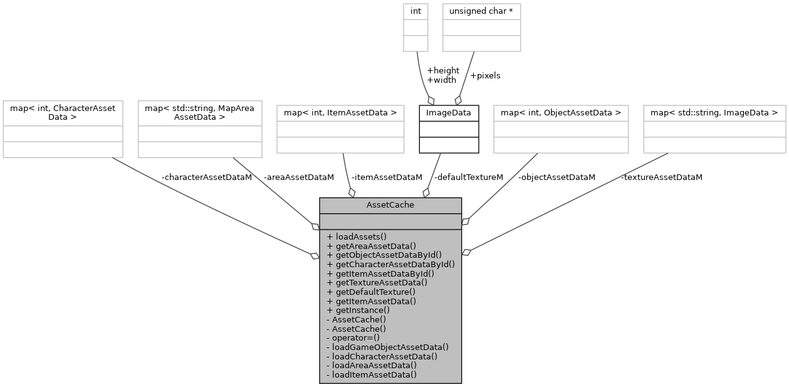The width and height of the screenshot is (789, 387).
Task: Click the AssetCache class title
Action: coord(390,205)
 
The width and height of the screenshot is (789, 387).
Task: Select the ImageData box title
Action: coord(449,113)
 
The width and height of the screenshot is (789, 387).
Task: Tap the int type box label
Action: coord(415,11)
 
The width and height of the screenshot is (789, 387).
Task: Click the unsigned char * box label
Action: coord(481,11)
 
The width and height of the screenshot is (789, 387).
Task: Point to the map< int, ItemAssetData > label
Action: coord(340,113)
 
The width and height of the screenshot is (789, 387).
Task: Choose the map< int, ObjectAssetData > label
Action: coord(561,113)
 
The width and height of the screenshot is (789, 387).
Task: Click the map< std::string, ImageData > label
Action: coord(714,113)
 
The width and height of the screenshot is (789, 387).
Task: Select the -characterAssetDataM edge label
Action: coord(207,178)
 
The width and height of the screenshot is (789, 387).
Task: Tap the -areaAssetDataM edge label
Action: coord(299,178)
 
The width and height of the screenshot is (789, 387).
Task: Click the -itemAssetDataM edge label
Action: coord(387,178)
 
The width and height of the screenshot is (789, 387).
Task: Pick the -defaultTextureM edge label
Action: coord(469,178)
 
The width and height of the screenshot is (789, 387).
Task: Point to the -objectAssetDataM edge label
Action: coord(556,178)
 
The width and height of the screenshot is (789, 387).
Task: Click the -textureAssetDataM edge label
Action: coord(662,178)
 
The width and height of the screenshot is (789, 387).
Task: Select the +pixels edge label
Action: coord(485,76)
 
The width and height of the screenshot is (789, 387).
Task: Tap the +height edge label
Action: coord(442,70)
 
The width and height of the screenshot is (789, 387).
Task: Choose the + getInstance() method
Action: coord(358,310)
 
